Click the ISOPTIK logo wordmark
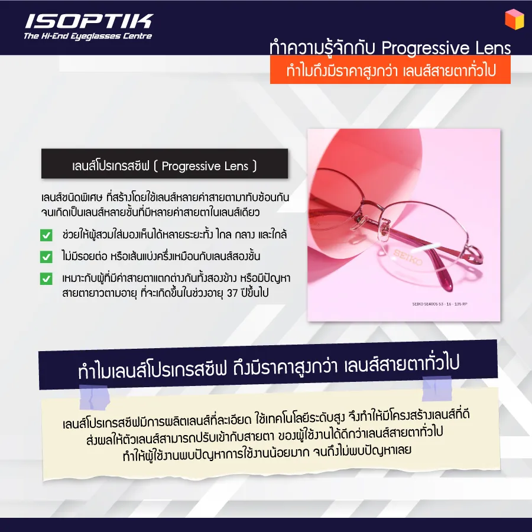point(88,22)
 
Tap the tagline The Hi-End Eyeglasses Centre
point(87,37)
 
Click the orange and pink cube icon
point(514,18)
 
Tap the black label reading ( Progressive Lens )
point(164,166)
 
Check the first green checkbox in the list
point(46,236)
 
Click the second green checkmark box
point(46,257)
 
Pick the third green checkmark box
point(46,278)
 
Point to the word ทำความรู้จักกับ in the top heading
point(319,48)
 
